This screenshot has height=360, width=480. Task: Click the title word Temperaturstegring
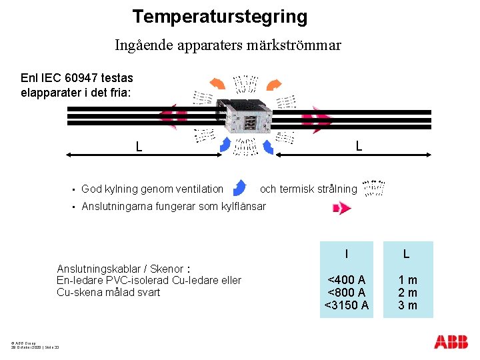219,17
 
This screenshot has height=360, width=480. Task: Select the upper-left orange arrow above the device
217,83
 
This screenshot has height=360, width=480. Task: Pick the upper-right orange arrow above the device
273,85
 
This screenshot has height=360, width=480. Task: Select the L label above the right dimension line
358,145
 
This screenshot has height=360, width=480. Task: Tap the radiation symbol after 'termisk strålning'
373,189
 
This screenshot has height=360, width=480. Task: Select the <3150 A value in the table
346,305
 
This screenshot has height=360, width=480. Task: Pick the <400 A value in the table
346,280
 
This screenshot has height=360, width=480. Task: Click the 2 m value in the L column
408,293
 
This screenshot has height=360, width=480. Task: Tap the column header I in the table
346,254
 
